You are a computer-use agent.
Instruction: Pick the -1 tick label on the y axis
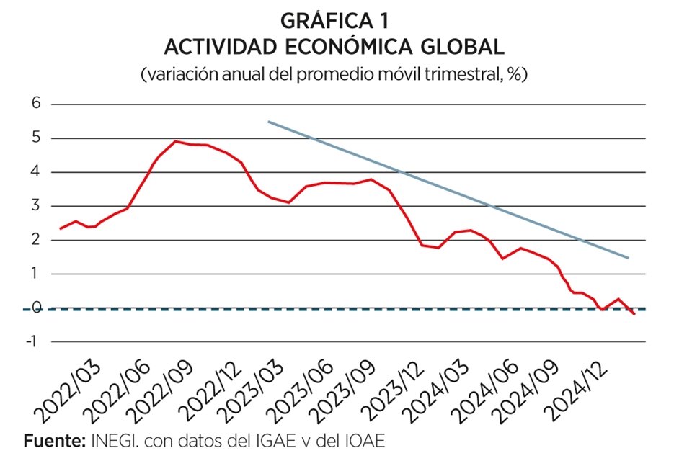[x=32, y=341]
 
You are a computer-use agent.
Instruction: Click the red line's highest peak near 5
[x=176, y=141]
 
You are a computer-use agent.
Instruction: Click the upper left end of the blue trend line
[x=269, y=122]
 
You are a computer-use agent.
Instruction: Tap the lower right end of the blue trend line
[x=629, y=257]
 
